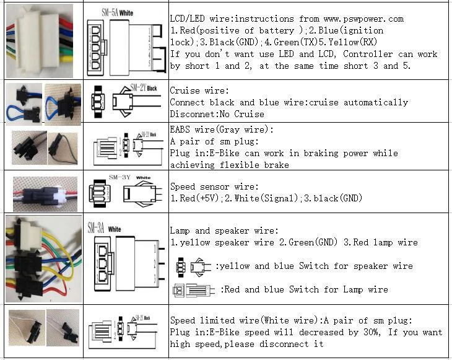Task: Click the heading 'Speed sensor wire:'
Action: [214, 187]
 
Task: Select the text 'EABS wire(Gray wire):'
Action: [221, 130]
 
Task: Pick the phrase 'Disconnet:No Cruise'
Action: [217, 114]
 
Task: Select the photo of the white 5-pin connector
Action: [40, 40]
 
